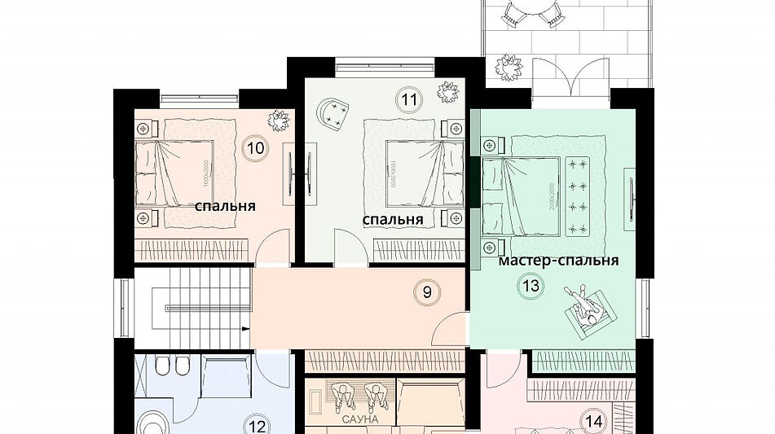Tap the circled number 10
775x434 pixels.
(254, 148)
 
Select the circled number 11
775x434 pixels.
(408, 100)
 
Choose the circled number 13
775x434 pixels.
(531, 286)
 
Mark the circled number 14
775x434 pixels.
(594, 421)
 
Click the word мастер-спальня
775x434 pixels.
(557, 261)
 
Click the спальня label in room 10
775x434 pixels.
(225, 206)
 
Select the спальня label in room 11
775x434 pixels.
(392, 220)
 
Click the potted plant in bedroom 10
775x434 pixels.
(280, 121)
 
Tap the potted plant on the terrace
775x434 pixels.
(508, 71)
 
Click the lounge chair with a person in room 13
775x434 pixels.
(588, 310)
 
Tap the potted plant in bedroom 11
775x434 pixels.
(447, 91)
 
